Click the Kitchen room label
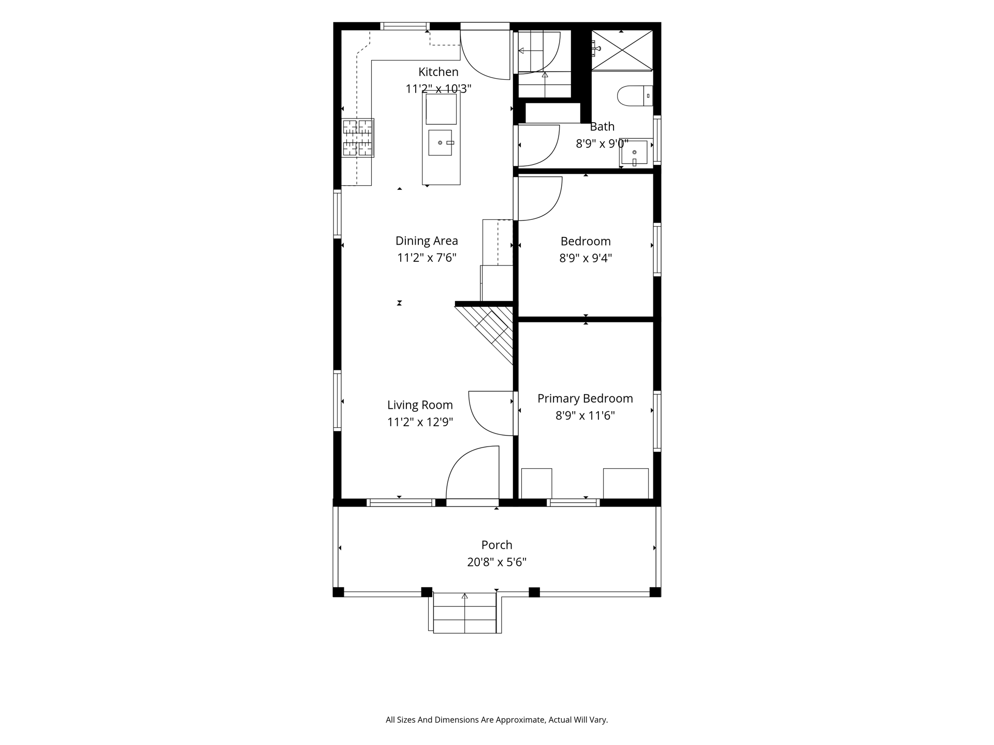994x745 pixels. (x=438, y=72)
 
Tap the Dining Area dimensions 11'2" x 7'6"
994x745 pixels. (x=427, y=258)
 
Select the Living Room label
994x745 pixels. (x=420, y=405)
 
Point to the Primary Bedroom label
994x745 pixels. (x=585, y=398)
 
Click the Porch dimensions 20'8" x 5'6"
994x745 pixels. (x=496, y=562)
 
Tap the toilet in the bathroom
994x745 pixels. (x=635, y=96)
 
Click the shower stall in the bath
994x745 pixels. (x=622, y=50)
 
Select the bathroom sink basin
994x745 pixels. (x=634, y=153)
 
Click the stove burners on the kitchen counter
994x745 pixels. (x=358, y=138)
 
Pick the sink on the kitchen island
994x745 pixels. (x=441, y=142)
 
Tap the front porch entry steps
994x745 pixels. (x=464, y=613)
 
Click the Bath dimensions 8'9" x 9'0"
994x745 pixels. (x=602, y=144)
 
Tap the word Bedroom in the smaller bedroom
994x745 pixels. (x=586, y=241)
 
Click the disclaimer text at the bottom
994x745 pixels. (x=496, y=720)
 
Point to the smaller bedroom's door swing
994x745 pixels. (x=540, y=199)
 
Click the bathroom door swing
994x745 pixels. (x=539, y=146)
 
